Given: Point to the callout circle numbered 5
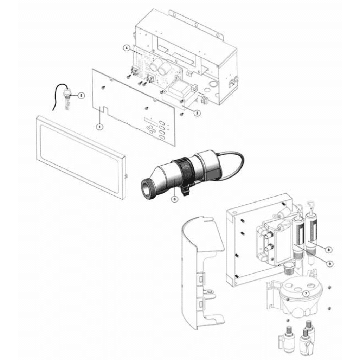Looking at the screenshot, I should [x=81, y=95].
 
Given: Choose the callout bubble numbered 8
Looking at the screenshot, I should [x=328, y=249].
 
